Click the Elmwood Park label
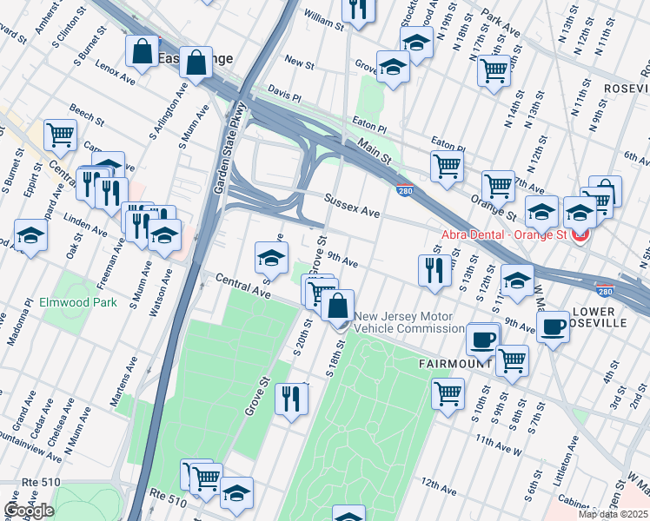(77, 303)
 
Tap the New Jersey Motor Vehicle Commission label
(408, 322)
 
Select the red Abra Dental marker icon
(580, 234)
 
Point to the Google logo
(29, 511)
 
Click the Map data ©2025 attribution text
(614, 514)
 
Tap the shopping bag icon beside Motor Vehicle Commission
(338, 306)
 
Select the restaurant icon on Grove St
(291, 399)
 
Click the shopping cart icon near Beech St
(61, 134)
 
